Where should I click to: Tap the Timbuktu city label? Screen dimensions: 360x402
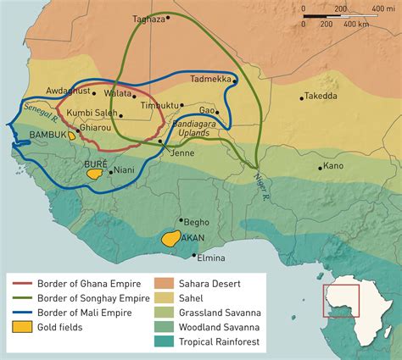(159, 105)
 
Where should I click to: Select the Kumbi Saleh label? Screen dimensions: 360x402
(92, 114)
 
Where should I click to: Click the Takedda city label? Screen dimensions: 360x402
(321, 97)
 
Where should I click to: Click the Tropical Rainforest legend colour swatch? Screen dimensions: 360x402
(166, 341)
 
